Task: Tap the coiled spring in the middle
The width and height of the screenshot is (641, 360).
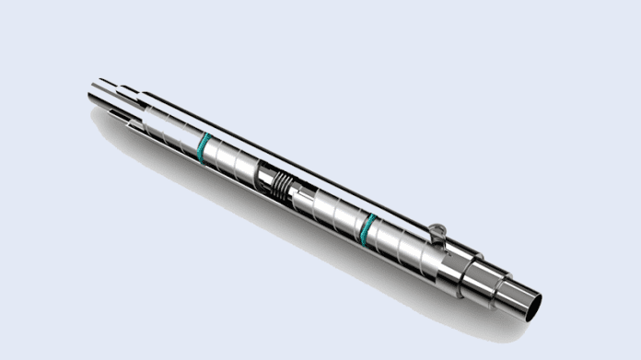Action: (278, 188)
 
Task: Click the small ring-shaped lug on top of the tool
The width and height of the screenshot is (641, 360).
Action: (437, 230)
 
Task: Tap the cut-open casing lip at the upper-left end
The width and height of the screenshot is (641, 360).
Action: (120, 115)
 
